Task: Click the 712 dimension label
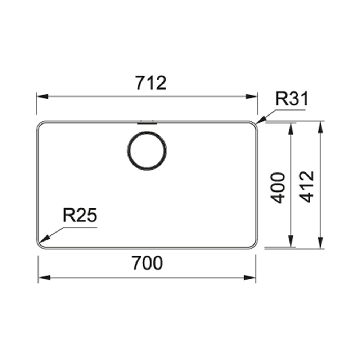[x=151, y=83]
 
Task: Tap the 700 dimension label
[x=147, y=263]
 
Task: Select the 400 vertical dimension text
[x=278, y=188]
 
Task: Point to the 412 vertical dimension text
[x=307, y=186]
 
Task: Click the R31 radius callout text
[x=292, y=99]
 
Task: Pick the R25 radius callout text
[x=80, y=215]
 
